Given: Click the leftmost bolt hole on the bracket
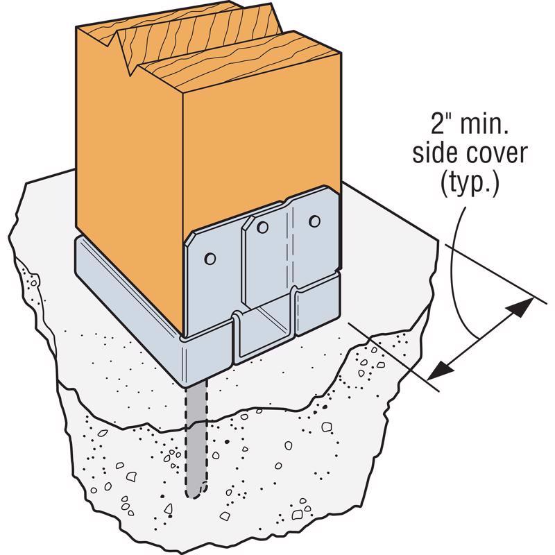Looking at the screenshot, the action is coord(210,259).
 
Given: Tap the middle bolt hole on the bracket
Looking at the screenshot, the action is coord(262,228).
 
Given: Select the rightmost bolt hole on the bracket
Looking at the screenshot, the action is coord(314,221).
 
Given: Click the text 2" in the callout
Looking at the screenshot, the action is coord(439,123).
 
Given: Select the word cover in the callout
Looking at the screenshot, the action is coord(497,155).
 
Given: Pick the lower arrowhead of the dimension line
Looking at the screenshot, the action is coord(441,369).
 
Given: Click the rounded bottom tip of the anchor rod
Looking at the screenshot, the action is coord(196,495).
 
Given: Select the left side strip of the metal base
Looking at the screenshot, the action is coord(128,287).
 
